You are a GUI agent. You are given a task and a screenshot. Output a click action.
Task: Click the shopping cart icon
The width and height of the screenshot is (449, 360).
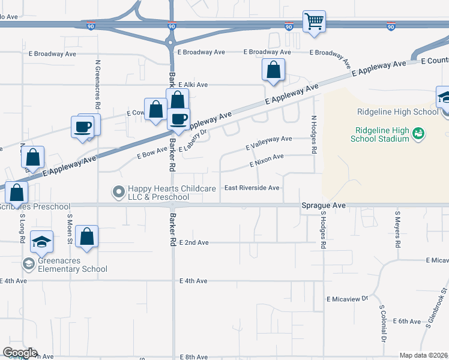click(x=314, y=22)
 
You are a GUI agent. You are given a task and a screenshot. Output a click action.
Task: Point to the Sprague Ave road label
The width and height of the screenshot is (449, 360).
click(x=323, y=205)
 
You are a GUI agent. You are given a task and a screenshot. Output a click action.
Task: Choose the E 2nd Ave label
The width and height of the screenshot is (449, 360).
click(x=194, y=242)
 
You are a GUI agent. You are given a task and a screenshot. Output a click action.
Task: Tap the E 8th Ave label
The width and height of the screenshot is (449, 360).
click(x=194, y=357)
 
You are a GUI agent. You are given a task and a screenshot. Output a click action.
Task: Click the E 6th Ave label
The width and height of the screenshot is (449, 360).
click(x=406, y=322)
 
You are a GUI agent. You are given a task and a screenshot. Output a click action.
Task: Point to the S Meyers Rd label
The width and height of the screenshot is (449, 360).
click(x=397, y=229)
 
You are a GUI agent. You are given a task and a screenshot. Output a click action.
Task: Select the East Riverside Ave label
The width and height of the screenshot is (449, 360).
click(x=252, y=188)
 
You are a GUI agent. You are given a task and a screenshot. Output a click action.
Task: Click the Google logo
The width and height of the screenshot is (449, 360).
click(x=20, y=353)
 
